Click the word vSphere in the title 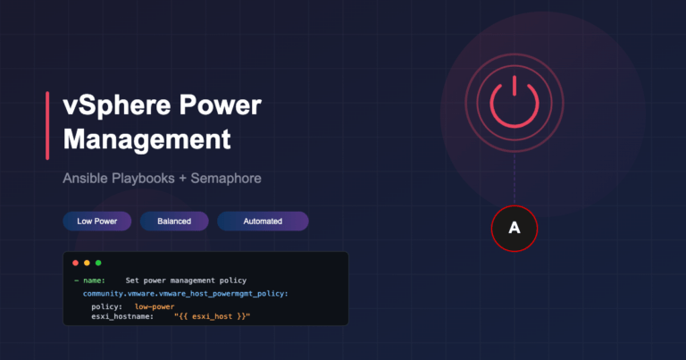(116, 106)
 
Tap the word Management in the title (147, 140)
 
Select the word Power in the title (220, 105)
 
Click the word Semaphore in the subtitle (226, 179)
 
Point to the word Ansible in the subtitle (86, 179)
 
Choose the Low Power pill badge (97, 222)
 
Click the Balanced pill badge (174, 222)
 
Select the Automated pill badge (263, 222)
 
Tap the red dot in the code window (75, 263)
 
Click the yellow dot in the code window (87, 263)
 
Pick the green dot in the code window (98, 263)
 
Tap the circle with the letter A (514, 229)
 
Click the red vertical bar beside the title (47, 126)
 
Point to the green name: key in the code (94, 280)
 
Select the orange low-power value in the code (155, 306)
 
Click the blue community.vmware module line (186, 294)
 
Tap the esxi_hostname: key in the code (122, 316)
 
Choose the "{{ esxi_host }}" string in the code (213, 316)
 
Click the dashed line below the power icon (514, 179)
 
